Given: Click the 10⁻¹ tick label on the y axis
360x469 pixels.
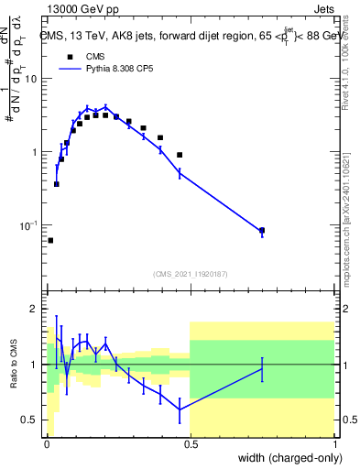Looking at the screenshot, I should click(28, 225).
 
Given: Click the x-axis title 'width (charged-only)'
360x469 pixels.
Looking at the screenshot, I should click(283, 457).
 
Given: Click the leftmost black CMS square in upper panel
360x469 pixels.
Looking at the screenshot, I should click(50, 240).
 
